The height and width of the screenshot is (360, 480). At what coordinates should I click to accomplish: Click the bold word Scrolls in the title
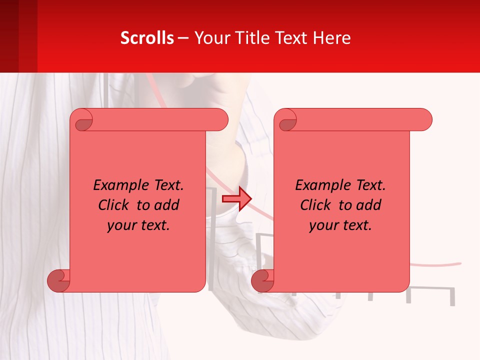point(147,38)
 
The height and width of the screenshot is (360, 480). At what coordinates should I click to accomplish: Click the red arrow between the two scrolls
point(236,198)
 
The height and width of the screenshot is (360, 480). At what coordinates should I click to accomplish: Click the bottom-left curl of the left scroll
point(58,280)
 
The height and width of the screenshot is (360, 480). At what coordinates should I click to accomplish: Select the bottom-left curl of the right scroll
point(262,280)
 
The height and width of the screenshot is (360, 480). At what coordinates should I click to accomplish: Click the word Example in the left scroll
point(115,185)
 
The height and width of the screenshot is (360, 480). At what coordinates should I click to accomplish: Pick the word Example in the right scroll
point(317,185)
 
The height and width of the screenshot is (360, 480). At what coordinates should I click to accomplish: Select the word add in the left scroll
point(168,205)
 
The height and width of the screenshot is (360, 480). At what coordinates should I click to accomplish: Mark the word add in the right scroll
point(370,205)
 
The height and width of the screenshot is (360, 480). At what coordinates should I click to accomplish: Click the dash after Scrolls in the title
point(183,38)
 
